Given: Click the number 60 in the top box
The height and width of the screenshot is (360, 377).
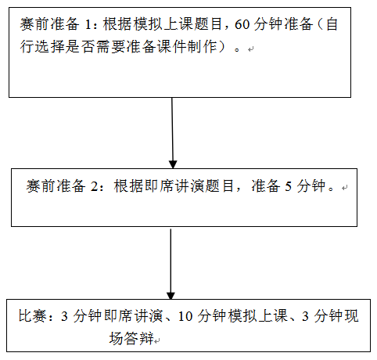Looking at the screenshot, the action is [x=242, y=24].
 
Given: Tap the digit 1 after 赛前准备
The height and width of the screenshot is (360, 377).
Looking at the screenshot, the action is [x=88, y=24].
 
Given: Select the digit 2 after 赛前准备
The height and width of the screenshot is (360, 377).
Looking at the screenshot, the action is [x=94, y=187].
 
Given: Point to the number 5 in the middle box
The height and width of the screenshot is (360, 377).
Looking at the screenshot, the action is [x=288, y=187].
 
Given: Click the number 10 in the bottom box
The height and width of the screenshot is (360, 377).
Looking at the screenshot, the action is [x=185, y=316].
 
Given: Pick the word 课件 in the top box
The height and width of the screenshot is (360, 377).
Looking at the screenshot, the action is [x=173, y=47].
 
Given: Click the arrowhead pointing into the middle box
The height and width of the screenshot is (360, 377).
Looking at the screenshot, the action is [x=173, y=164].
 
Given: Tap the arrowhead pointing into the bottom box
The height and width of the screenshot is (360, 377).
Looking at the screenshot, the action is [x=171, y=295].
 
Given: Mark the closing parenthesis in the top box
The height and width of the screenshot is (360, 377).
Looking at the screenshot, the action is [x=222, y=47].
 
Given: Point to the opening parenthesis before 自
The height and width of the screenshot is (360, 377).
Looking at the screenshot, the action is [x=321, y=24].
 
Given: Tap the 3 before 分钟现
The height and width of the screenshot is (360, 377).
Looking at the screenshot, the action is [x=305, y=316].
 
